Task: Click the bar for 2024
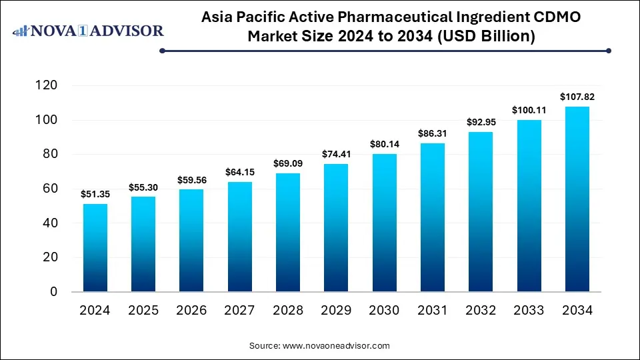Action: pyautogui.click(x=95, y=248)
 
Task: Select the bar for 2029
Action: pyautogui.click(x=336, y=228)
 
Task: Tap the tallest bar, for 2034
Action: pyautogui.click(x=577, y=199)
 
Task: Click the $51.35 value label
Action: pyautogui.click(x=95, y=194)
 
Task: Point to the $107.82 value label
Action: pyautogui.click(x=577, y=97)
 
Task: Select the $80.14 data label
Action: pyautogui.click(x=385, y=144)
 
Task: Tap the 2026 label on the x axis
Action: pyautogui.click(x=192, y=311)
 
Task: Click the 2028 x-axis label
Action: pyautogui.click(x=288, y=311)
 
